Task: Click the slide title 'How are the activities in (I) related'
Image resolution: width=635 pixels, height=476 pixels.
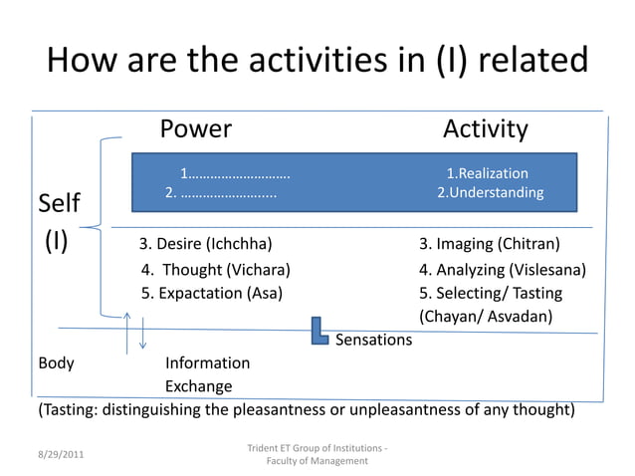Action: [x=317, y=61]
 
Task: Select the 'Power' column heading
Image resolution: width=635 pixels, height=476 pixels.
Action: [x=196, y=129]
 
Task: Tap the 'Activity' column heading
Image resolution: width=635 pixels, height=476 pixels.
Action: [x=485, y=129]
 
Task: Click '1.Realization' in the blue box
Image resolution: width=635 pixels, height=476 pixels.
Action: [x=487, y=174]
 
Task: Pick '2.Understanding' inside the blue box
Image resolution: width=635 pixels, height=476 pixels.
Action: [x=491, y=193]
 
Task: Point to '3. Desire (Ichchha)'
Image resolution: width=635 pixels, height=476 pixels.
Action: [x=205, y=244]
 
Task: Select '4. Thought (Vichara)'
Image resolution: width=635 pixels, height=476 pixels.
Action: [x=215, y=270]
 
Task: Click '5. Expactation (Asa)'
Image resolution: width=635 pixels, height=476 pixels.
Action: [x=211, y=293]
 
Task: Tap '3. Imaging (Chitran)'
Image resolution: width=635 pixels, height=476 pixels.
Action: [x=489, y=244]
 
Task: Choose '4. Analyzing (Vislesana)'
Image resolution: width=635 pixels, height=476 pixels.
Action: [x=502, y=270]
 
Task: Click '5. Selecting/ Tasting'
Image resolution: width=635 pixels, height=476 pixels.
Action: [x=490, y=293]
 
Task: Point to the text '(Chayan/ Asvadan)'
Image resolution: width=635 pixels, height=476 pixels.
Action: [x=486, y=317]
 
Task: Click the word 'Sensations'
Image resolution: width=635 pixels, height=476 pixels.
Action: [x=373, y=341]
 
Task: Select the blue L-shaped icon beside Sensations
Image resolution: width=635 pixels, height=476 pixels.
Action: [x=318, y=331]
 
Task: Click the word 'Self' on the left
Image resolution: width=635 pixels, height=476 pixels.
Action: [x=59, y=205]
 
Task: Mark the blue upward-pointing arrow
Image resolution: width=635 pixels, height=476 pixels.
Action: [x=127, y=332]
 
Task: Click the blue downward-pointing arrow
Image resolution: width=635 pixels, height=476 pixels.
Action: [x=143, y=332]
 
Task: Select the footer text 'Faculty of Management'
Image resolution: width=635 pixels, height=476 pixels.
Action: [x=317, y=461]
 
